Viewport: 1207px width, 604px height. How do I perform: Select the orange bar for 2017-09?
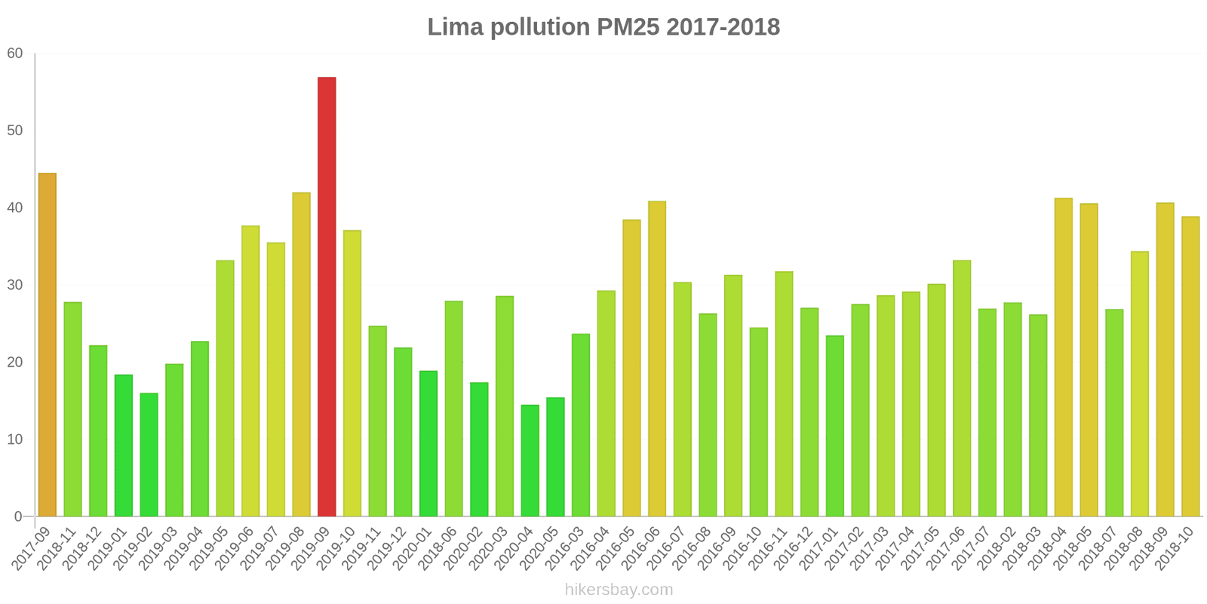(x=47, y=345)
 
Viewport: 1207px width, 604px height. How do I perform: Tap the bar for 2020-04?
(x=530, y=461)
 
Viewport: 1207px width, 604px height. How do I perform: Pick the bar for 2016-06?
(x=657, y=359)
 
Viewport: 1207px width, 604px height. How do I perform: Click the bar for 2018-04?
(x=1063, y=357)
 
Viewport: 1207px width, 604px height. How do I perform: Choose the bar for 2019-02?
(x=149, y=455)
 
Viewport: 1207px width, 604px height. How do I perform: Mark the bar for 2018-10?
(x=1190, y=366)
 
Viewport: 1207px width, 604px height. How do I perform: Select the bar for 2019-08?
(x=301, y=354)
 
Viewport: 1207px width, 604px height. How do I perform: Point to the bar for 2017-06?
(x=962, y=388)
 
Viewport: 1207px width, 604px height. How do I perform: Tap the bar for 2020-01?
(x=428, y=443)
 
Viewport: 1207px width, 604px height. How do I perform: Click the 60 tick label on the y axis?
(x=15, y=54)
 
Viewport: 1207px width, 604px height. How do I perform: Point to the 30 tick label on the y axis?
(x=15, y=285)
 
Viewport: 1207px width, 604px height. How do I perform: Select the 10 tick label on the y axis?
(x=15, y=439)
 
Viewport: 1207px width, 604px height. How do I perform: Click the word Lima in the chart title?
(x=455, y=27)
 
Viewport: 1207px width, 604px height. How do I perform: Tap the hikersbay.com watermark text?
(x=619, y=590)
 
